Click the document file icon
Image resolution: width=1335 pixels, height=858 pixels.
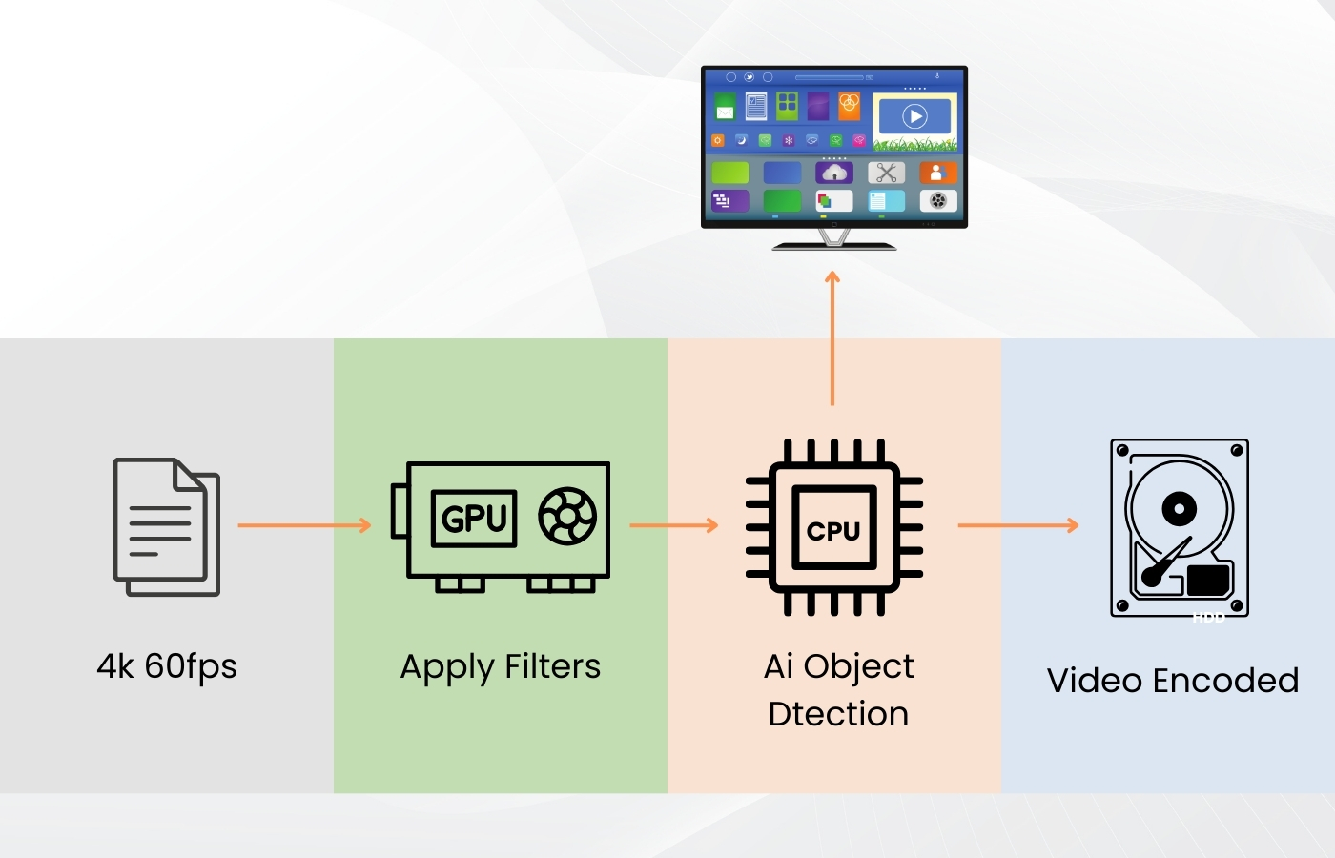click(x=167, y=526)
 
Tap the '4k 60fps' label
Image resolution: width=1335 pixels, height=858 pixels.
click(x=167, y=666)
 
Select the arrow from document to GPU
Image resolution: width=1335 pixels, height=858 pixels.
click(x=303, y=525)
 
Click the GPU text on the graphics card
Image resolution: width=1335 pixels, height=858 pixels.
click(x=474, y=519)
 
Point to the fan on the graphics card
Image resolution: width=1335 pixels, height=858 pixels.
click(x=567, y=517)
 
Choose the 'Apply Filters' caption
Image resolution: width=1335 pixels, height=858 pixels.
click(x=501, y=666)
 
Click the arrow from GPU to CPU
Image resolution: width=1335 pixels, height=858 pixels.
click(x=673, y=525)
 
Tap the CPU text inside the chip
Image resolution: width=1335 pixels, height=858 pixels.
click(x=833, y=530)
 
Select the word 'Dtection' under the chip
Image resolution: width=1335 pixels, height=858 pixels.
click(x=838, y=714)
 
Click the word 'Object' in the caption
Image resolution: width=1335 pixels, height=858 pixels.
click(x=858, y=666)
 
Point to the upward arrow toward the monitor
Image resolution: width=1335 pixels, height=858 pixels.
click(x=832, y=338)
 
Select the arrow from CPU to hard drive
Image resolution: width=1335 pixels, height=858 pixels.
click(x=1017, y=525)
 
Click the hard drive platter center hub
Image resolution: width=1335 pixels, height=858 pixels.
click(x=1179, y=508)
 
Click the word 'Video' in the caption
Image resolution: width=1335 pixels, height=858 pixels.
click(x=1095, y=681)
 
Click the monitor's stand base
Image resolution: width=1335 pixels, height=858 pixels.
click(x=834, y=246)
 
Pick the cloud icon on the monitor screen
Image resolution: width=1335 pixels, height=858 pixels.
click(x=834, y=173)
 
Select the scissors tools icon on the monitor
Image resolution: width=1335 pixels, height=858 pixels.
click(x=887, y=173)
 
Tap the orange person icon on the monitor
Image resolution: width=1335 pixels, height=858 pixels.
click(x=937, y=173)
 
